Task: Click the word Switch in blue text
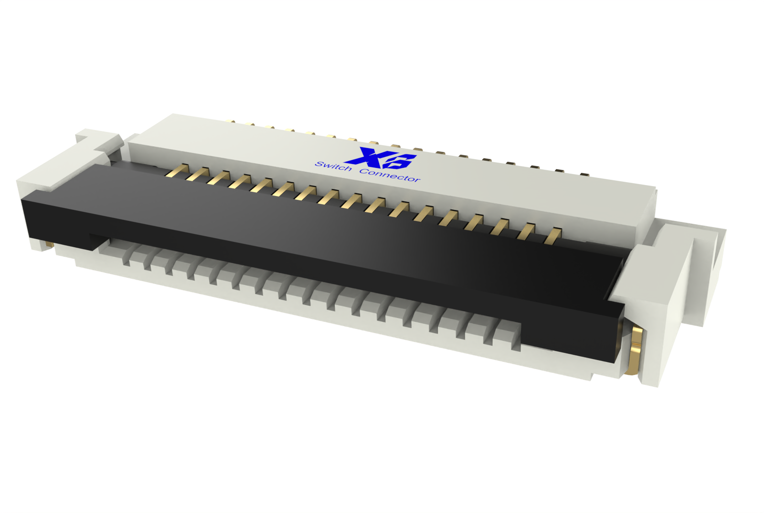pyautogui.click(x=333, y=166)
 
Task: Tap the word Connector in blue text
pyautogui.click(x=390, y=175)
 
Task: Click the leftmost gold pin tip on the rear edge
pyautogui.click(x=232, y=121)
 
